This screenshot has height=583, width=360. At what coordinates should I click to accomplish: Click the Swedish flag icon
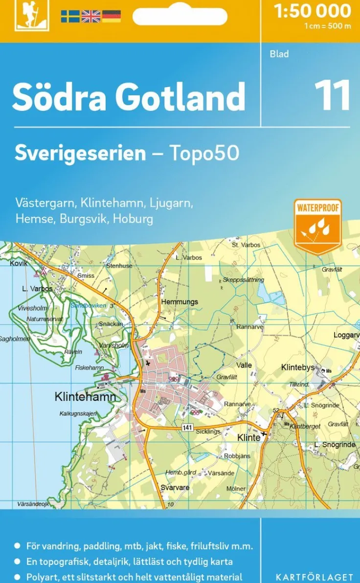[70, 17]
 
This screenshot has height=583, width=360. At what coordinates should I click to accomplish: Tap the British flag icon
[90, 17]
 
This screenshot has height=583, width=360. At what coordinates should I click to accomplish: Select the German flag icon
[112, 17]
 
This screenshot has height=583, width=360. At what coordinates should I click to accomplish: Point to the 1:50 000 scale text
[313, 11]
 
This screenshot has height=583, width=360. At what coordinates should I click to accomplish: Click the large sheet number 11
[332, 95]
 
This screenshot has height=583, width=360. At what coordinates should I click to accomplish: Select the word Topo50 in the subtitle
[204, 153]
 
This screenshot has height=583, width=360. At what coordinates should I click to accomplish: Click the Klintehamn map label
[85, 397]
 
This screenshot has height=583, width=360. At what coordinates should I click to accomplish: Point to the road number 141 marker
[187, 427]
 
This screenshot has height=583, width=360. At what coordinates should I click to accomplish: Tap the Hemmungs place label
[180, 302]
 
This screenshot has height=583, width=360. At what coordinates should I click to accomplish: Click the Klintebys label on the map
[297, 368]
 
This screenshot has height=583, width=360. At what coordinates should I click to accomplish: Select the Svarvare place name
[175, 488]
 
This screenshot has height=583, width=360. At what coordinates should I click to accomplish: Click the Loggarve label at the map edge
[346, 335]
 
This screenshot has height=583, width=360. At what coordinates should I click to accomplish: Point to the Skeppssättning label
[243, 280]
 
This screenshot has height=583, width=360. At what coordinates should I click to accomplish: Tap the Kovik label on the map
[19, 263]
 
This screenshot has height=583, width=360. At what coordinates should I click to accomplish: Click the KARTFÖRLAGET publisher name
[314, 578]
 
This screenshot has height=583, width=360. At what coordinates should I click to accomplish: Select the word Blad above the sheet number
[279, 54]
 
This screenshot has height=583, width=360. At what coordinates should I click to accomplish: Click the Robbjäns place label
[237, 456]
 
